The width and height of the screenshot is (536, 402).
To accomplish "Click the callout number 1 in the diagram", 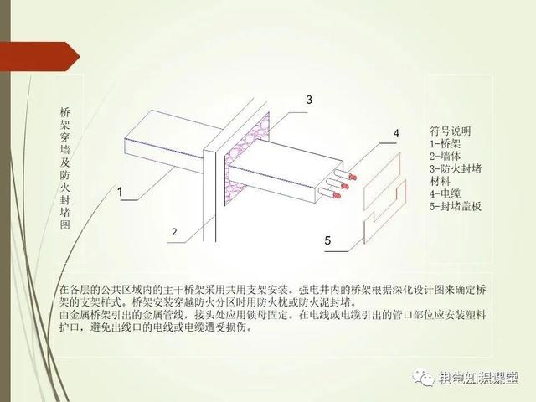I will click(120, 193).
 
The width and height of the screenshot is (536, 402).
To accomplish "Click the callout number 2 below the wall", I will click(173, 231).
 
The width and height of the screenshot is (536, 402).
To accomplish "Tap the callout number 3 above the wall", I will click(309, 100).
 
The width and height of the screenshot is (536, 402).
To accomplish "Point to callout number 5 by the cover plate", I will click(328, 241).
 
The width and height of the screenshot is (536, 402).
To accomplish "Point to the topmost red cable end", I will click(353, 177).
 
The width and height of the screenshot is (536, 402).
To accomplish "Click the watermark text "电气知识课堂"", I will click(481, 378).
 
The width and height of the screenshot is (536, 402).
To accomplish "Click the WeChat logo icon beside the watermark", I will click(423, 378).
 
